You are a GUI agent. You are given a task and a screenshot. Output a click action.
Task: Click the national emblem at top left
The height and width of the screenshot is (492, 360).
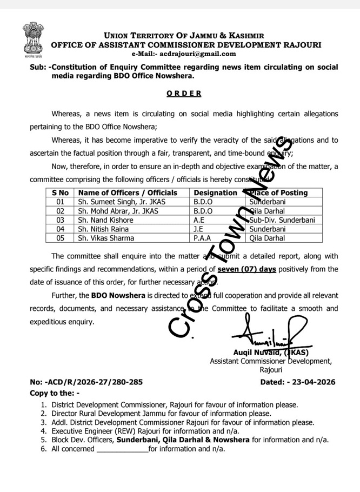34,39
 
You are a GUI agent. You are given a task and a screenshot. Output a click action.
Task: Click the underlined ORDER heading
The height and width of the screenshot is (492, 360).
184,93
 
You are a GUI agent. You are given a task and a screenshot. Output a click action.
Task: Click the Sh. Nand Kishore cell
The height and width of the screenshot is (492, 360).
105,220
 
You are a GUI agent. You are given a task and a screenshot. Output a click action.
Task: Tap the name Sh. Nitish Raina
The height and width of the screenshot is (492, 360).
103,229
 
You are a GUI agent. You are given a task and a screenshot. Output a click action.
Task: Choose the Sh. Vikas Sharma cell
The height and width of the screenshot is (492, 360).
105,238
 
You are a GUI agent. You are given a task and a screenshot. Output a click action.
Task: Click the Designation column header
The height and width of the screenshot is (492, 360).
215,192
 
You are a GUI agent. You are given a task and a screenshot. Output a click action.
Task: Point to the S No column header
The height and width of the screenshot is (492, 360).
60,192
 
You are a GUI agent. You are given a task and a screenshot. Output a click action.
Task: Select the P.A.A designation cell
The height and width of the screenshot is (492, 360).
203,238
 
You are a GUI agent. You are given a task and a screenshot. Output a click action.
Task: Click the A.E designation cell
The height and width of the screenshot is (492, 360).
199,220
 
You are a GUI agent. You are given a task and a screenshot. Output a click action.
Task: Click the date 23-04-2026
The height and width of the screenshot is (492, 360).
314,382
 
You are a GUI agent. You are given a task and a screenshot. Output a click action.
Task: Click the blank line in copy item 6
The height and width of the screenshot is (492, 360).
122,449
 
